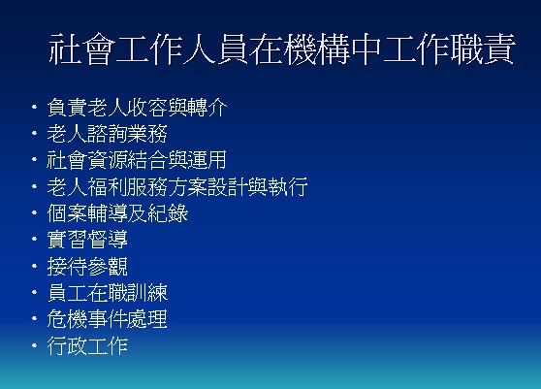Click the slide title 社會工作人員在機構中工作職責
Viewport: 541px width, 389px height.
point(282,49)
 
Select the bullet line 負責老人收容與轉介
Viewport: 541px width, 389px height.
point(137,108)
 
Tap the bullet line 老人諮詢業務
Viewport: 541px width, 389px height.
point(107,134)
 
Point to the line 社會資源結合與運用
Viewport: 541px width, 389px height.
point(137,160)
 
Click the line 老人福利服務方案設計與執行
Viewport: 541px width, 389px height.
point(177,186)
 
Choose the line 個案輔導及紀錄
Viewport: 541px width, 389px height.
point(117,213)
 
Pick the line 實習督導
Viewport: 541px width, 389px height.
point(87,240)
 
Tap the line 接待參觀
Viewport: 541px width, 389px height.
point(87,266)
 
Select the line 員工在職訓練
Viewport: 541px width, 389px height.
point(108,293)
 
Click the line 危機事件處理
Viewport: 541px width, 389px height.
point(107,319)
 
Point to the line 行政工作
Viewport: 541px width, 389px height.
point(87,346)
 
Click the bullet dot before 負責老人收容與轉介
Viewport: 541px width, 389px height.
point(34,107)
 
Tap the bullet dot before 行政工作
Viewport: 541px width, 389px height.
point(34,345)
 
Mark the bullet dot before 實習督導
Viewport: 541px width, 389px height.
point(34,239)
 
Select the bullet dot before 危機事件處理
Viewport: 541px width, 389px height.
point(34,318)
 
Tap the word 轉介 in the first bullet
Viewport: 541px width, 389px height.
point(207,108)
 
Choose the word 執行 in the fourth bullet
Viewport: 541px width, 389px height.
point(287,186)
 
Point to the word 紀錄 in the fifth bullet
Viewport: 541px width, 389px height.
point(168,213)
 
